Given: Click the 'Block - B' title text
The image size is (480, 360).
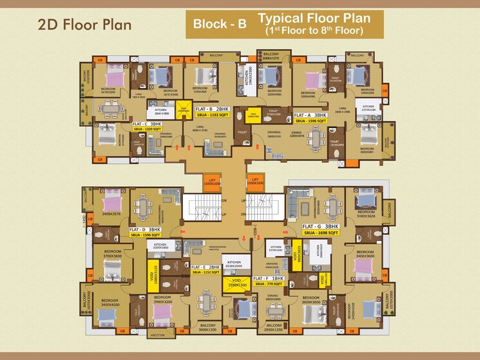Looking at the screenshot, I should pos(220,25).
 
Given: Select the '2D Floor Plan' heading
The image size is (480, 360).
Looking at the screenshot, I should pos(84,25).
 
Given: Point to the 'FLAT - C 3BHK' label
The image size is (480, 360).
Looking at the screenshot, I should pos(148,123).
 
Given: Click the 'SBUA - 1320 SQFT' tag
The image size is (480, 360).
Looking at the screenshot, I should pos(147,129).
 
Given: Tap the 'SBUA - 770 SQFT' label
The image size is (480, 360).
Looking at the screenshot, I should pos(269,283).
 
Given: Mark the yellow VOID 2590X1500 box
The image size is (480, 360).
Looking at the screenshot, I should pos(235,283).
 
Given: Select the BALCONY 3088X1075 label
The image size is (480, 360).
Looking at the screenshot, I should pos(271,56).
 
